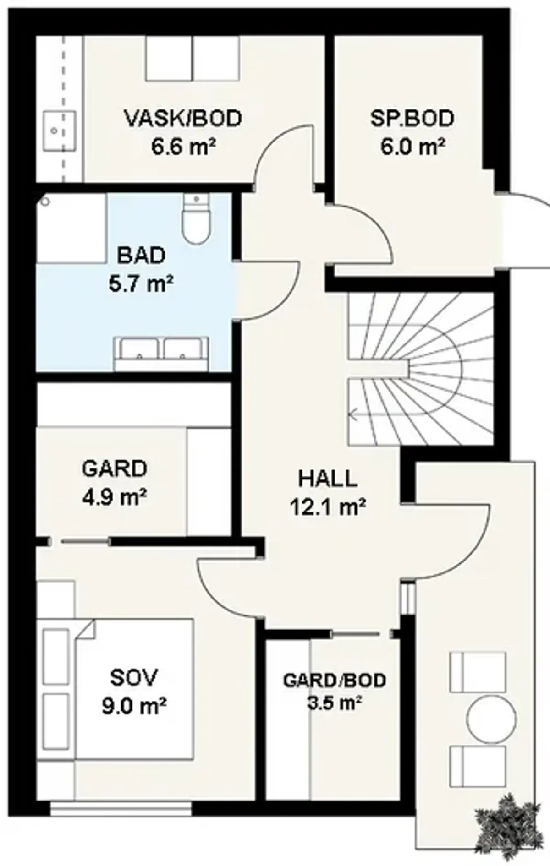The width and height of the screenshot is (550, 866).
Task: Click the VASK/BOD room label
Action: (x=183, y=119)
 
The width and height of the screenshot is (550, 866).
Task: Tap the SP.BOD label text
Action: (x=412, y=118)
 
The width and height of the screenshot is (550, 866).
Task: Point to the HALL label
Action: (x=328, y=479)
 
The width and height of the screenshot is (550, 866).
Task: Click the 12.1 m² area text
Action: (x=328, y=507)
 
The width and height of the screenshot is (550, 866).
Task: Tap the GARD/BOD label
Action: (x=335, y=681)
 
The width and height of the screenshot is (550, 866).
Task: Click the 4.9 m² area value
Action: (x=115, y=497)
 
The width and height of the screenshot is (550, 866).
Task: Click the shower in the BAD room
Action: (x=71, y=228)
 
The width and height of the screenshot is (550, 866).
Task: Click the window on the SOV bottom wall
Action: (x=121, y=809)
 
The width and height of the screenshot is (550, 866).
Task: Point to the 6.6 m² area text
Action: (x=183, y=147)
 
